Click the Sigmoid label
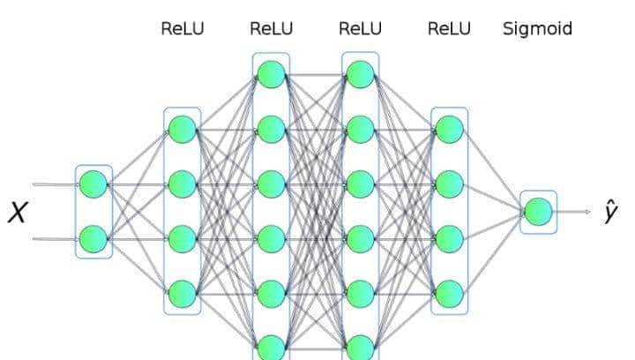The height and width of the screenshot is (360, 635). (x=537, y=28)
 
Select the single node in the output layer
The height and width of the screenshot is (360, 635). (x=538, y=212)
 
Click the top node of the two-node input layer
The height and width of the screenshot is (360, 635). (x=93, y=184)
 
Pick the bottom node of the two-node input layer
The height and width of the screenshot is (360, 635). (x=93, y=238)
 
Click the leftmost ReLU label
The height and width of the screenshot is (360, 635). (x=182, y=28)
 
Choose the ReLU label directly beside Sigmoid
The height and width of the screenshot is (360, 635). (x=449, y=28)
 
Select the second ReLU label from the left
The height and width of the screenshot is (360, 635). (x=271, y=28)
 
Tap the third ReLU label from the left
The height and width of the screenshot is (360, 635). (x=360, y=28)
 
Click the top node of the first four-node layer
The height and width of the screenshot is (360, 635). (x=183, y=130)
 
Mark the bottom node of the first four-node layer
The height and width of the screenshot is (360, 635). (x=183, y=293)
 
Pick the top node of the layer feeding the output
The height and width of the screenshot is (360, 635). (x=449, y=130)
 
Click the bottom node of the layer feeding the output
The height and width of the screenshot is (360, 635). (x=449, y=293)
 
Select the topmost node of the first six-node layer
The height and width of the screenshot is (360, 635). (x=271, y=75)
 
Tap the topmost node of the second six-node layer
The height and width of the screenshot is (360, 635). (x=360, y=75)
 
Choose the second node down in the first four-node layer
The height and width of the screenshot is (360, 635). (x=183, y=184)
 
